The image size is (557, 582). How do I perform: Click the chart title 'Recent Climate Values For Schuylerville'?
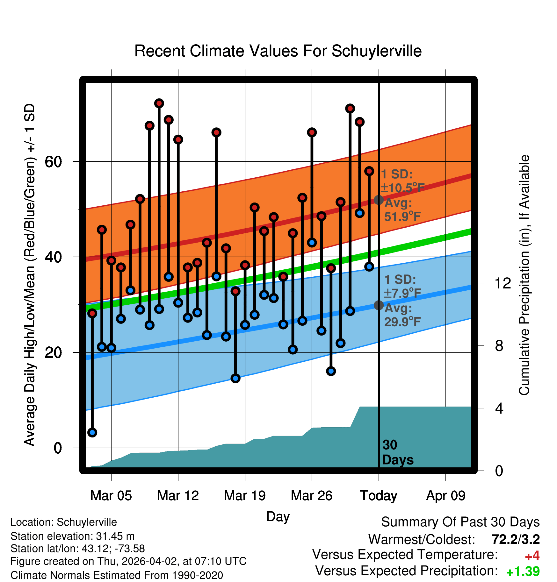(x=278, y=51)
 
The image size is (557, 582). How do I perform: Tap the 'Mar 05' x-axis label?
(x=111, y=495)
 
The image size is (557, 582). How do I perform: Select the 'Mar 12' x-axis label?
(x=178, y=495)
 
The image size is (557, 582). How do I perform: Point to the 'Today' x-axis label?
(x=379, y=495)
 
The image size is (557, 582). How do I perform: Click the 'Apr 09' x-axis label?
(x=446, y=495)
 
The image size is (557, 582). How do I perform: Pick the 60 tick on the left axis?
(x=53, y=162)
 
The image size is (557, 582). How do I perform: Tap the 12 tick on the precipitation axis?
(x=503, y=283)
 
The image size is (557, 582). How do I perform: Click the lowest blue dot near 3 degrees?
(x=92, y=432)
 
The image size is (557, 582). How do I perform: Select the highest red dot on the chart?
(x=159, y=103)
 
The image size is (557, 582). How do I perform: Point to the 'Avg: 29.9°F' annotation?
(x=402, y=315)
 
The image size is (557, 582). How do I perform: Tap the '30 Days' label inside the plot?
(x=397, y=452)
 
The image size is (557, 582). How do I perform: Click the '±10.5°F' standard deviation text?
(x=402, y=188)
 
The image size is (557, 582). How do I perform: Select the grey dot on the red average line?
(x=379, y=200)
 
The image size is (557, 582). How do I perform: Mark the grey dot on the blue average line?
(x=379, y=305)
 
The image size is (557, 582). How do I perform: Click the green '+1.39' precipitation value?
(x=523, y=571)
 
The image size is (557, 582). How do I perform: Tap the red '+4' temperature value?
(x=532, y=556)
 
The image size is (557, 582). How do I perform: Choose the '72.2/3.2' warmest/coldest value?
(x=516, y=539)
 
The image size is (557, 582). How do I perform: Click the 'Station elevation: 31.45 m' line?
(x=72, y=536)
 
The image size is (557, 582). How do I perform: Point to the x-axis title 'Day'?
(x=278, y=516)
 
